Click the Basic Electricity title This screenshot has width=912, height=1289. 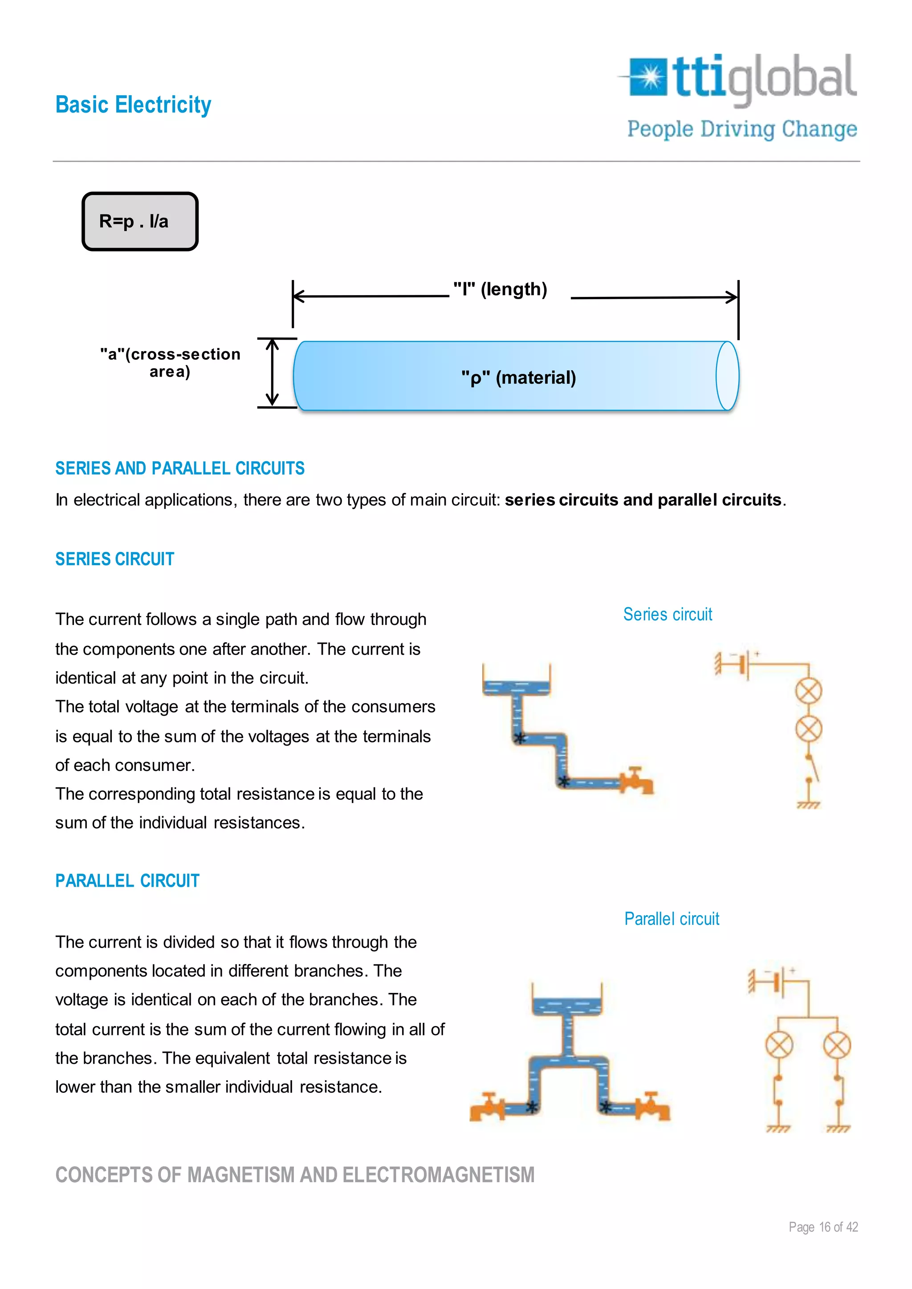(133, 105)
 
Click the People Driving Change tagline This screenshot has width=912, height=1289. (742, 129)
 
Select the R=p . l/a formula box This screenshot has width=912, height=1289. (140, 221)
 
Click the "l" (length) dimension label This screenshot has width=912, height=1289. (500, 289)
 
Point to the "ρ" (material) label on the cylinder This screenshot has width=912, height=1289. (518, 377)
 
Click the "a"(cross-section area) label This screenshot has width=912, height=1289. (170, 363)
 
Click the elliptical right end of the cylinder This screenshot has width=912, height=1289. (727, 376)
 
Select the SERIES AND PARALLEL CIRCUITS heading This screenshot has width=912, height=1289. (180, 468)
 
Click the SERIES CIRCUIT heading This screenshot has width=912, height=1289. (114, 559)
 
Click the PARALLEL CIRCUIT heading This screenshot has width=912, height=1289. (127, 881)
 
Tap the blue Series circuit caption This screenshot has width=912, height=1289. (667, 614)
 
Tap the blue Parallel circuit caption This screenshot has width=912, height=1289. (672, 919)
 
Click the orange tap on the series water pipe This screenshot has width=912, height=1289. (637, 780)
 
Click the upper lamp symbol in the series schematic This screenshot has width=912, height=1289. (809, 691)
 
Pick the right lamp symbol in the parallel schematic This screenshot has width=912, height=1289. (837, 1046)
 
